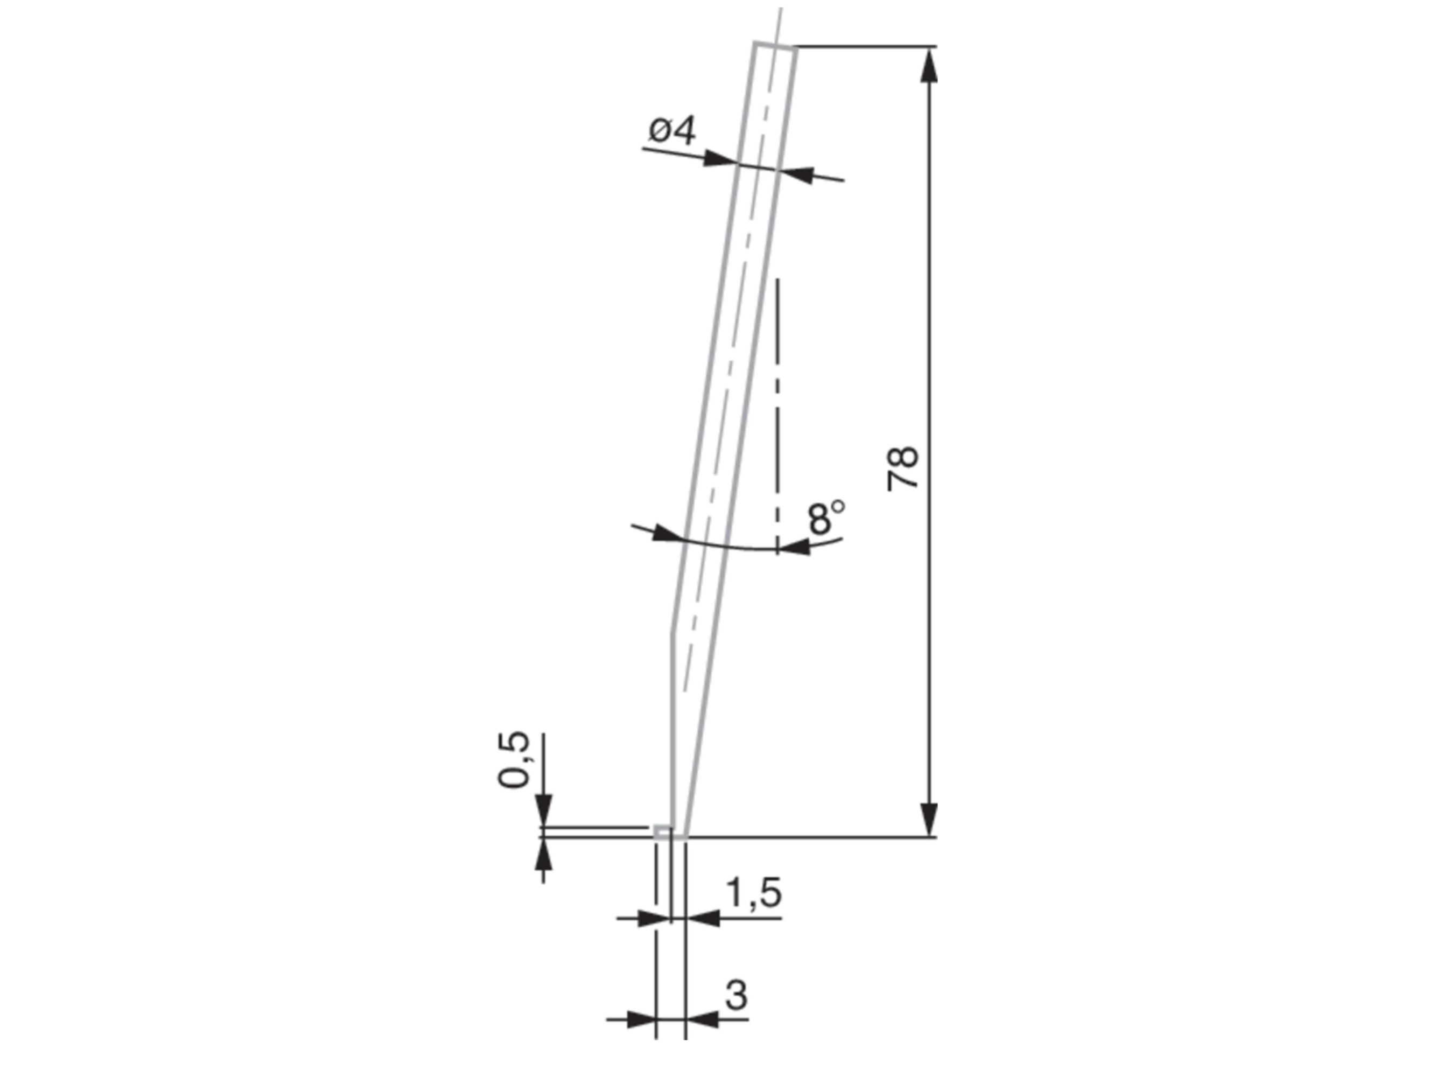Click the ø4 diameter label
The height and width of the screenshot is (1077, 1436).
click(x=671, y=132)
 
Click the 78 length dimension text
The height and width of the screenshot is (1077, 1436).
click(x=903, y=467)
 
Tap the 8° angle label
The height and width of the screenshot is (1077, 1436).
click(x=826, y=517)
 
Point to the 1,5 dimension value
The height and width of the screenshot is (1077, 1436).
click(x=753, y=893)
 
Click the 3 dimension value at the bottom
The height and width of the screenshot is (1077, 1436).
click(x=735, y=995)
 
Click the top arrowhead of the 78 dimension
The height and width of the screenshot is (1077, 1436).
click(x=930, y=65)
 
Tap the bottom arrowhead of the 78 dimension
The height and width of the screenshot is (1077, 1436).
click(x=930, y=819)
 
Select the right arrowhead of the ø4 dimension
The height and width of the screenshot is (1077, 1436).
click(x=797, y=174)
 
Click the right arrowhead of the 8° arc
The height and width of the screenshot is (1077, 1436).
click(x=795, y=547)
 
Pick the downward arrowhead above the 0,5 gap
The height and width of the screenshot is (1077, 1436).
click(x=543, y=812)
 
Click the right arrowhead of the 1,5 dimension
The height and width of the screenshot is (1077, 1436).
click(x=703, y=919)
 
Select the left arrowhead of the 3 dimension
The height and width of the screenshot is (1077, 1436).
click(x=640, y=1020)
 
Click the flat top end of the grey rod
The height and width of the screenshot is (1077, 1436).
click(x=774, y=45)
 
